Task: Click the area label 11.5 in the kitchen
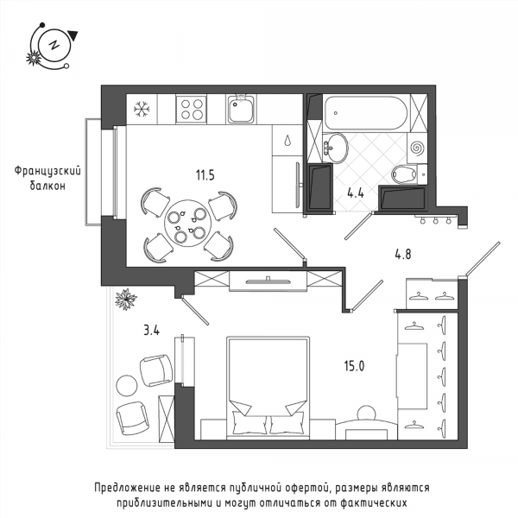pos(205,174)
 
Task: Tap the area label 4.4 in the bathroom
pos(356,193)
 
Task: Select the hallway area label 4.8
pos(403,255)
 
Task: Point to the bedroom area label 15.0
pos(354,366)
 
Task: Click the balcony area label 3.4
pos(152,330)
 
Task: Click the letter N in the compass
pos(54,45)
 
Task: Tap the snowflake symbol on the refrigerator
pos(142,109)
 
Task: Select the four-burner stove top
pos(192,109)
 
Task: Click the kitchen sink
pos(241,109)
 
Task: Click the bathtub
pos(366,113)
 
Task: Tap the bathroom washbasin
pos(335,148)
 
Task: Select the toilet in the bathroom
pos(409,174)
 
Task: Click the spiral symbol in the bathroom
pos(418,148)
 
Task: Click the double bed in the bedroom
pos(268,388)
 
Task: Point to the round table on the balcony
pos(127,385)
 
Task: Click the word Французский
pos(47,172)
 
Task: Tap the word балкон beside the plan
pos(47,186)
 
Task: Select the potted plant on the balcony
pos(126,300)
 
